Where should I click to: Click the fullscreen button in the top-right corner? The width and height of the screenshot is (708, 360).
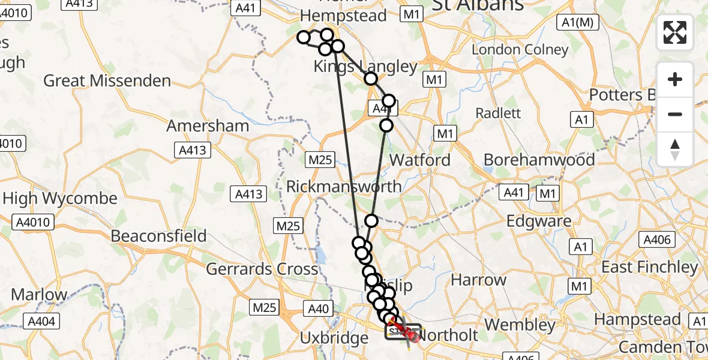click(675, 32)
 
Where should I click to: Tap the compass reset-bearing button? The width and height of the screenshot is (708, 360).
click(675, 149)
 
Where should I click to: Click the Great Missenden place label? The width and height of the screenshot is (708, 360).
click(107, 80)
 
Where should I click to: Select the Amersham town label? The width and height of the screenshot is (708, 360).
click(208, 126)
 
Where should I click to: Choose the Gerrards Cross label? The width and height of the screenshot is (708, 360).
click(262, 269)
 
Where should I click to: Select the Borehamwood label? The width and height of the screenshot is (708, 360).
click(539, 160)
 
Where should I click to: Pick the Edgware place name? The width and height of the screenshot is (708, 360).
click(539, 221)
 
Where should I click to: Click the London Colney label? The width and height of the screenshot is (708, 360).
click(520, 50)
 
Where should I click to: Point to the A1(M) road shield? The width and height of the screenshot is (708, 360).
click(577, 22)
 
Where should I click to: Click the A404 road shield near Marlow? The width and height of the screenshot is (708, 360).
click(41, 322)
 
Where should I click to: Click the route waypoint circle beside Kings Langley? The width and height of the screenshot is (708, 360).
click(371, 79)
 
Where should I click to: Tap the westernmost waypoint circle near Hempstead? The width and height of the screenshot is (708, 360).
click(304, 38)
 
